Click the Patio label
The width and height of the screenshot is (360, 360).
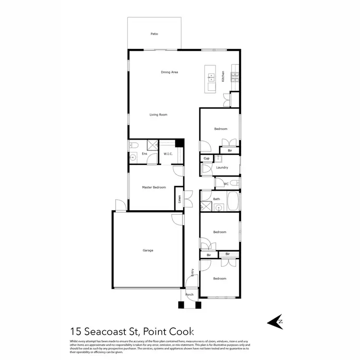point(154,34)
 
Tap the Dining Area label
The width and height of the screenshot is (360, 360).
point(169,72)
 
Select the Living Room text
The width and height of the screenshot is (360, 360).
point(158,115)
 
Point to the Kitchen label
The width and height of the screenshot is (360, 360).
point(223,76)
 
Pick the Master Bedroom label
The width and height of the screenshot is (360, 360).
point(154,187)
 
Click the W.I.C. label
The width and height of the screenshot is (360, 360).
point(168,154)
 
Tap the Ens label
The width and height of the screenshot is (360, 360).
point(144,154)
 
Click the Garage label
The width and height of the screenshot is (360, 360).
point(148,250)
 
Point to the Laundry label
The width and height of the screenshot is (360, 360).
point(222,168)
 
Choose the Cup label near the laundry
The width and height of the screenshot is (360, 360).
point(206,158)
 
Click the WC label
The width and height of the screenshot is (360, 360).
point(226,184)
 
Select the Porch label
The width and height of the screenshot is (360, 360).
point(190,295)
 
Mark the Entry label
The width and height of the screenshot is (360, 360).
point(192,272)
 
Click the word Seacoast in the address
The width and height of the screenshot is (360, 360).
point(104,331)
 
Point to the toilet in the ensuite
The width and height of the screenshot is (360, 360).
point(134,144)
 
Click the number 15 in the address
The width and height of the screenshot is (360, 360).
point(75,331)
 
